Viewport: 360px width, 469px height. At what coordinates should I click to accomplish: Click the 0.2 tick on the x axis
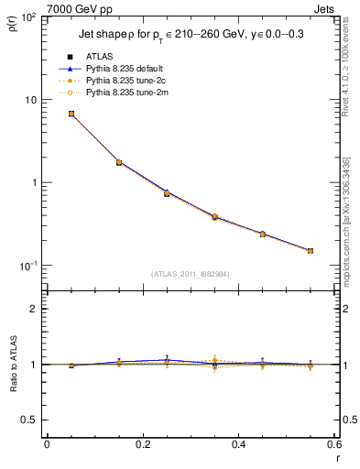pos(143,444)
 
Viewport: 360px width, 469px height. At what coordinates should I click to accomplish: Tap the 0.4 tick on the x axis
pos(238,444)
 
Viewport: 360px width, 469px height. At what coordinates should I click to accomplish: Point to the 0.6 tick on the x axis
pos(333,444)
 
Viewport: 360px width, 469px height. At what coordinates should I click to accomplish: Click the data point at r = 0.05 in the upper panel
pos(71,114)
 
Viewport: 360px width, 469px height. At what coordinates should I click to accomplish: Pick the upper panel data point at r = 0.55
pos(311,250)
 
